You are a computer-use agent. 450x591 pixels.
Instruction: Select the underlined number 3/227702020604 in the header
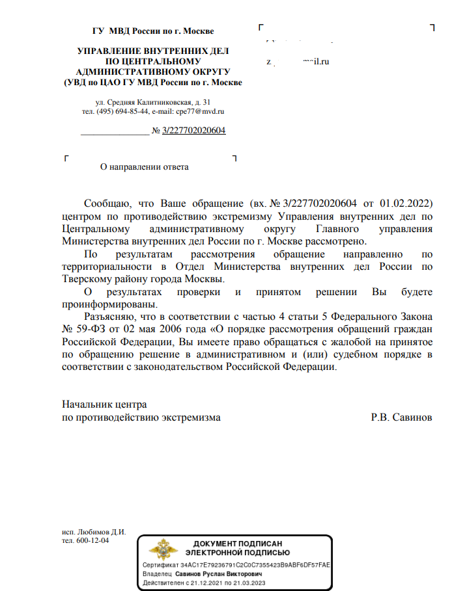pos(194,131)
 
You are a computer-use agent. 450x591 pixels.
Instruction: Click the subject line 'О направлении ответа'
pos(143,167)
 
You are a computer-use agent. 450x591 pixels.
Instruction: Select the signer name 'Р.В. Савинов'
pos(401,417)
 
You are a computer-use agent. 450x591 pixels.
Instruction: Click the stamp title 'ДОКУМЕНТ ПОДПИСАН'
pos(237,543)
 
